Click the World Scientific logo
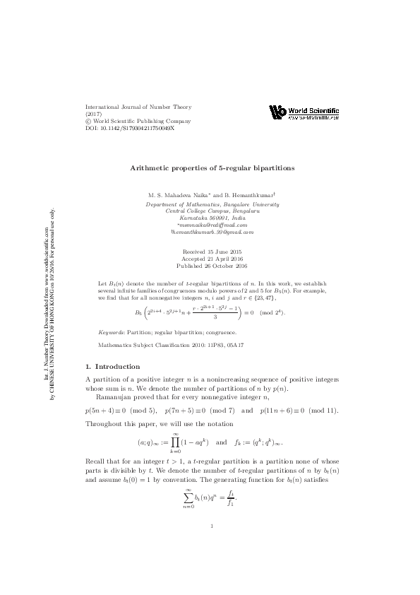pos(304,113)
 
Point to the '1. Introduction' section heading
pos(112,367)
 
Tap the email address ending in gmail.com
pos(212,232)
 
